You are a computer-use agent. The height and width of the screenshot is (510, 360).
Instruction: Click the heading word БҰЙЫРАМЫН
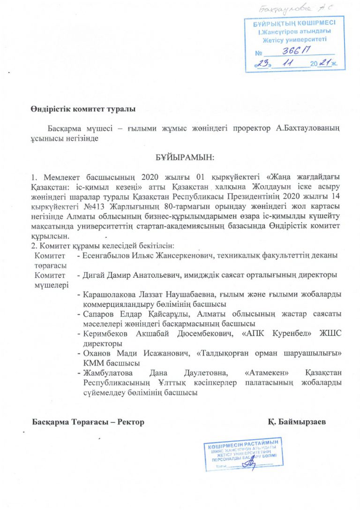pyautogui.click(x=184, y=159)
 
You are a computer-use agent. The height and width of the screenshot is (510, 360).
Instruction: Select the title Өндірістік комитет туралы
pyautogui.click(x=82, y=109)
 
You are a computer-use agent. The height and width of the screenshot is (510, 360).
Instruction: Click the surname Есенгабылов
pyautogui.click(x=105, y=255)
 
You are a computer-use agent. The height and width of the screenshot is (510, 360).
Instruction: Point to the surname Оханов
pyautogui.click(x=96, y=353)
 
